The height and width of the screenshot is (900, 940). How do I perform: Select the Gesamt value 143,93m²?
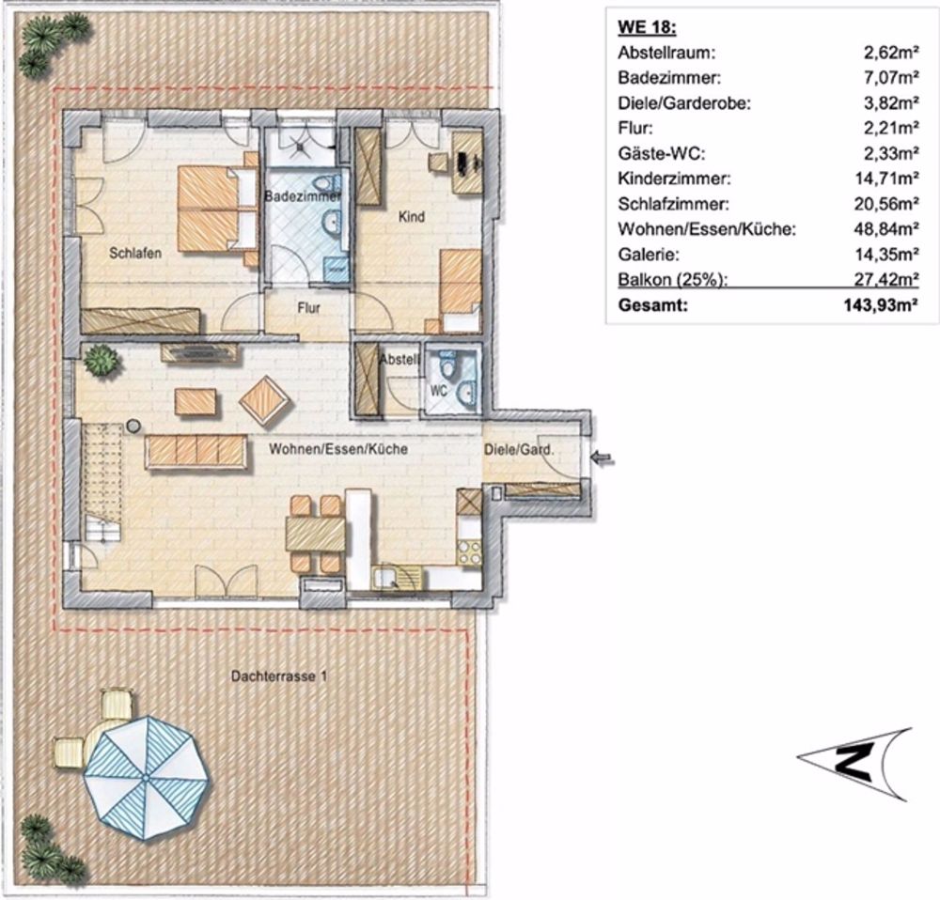879,305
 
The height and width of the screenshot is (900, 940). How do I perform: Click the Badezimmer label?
301,197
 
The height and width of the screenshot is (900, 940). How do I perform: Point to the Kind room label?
412,217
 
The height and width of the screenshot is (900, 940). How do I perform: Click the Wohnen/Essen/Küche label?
337,450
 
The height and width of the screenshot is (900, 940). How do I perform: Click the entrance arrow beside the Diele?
603,458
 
